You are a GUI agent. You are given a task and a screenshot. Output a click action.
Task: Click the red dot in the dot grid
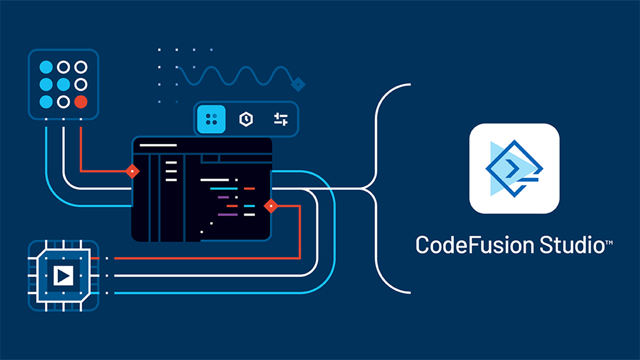[81, 101]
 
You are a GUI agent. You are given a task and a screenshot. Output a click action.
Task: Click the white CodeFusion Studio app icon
[514, 169]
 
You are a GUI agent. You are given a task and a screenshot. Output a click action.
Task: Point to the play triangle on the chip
[63, 276]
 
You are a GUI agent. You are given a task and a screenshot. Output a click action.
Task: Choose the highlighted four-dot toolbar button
[211, 119]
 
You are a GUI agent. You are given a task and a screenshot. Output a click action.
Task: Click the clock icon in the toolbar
[246, 119]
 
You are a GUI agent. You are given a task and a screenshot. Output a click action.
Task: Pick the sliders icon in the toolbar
[281, 119]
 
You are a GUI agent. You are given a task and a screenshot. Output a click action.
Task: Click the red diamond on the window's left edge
[132, 171]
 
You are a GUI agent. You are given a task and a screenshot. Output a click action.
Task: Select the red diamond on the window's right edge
[271, 205]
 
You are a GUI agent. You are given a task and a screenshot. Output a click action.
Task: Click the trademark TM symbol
[609, 243]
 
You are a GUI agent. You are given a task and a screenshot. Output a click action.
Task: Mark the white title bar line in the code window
[158, 145]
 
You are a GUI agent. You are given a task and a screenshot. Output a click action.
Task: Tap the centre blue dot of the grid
[63, 84]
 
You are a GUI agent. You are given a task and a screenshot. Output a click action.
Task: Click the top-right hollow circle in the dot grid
[81, 67]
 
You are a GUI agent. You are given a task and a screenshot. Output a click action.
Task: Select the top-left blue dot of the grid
[46, 67]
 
